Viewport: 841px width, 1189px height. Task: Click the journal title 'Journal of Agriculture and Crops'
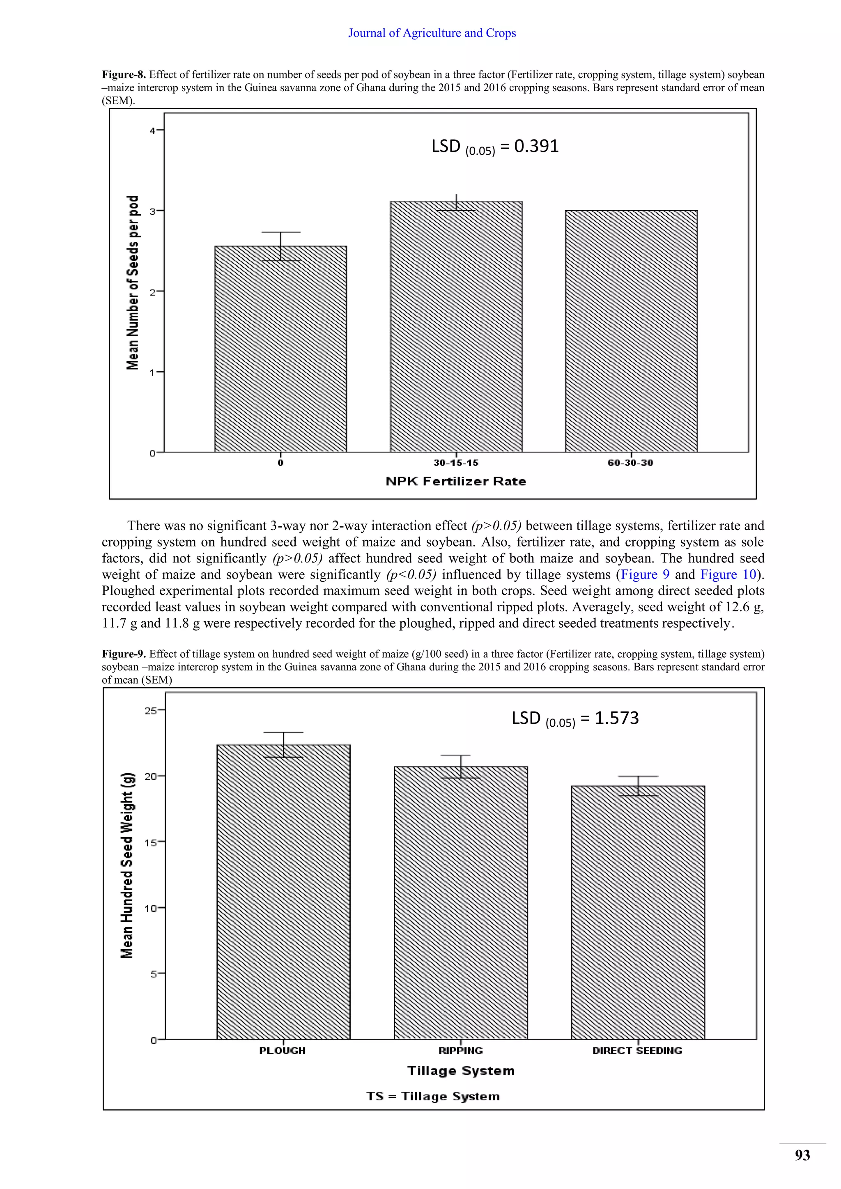point(432,33)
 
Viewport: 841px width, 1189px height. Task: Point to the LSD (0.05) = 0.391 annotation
point(495,147)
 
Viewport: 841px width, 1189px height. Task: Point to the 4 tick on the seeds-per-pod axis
point(153,131)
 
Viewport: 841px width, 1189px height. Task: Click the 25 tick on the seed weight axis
point(151,711)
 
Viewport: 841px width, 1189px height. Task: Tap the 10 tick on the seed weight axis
point(151,908)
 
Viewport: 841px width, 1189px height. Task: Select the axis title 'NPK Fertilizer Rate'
point(456,482)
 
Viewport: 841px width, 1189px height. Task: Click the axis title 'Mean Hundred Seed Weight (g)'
point(127,865)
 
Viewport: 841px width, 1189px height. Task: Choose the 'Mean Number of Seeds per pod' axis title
point(133,283)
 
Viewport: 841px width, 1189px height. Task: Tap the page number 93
point(802,1155)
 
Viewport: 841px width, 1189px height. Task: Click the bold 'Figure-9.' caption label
point(124,654)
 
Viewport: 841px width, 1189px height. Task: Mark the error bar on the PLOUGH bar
point(283,745)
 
